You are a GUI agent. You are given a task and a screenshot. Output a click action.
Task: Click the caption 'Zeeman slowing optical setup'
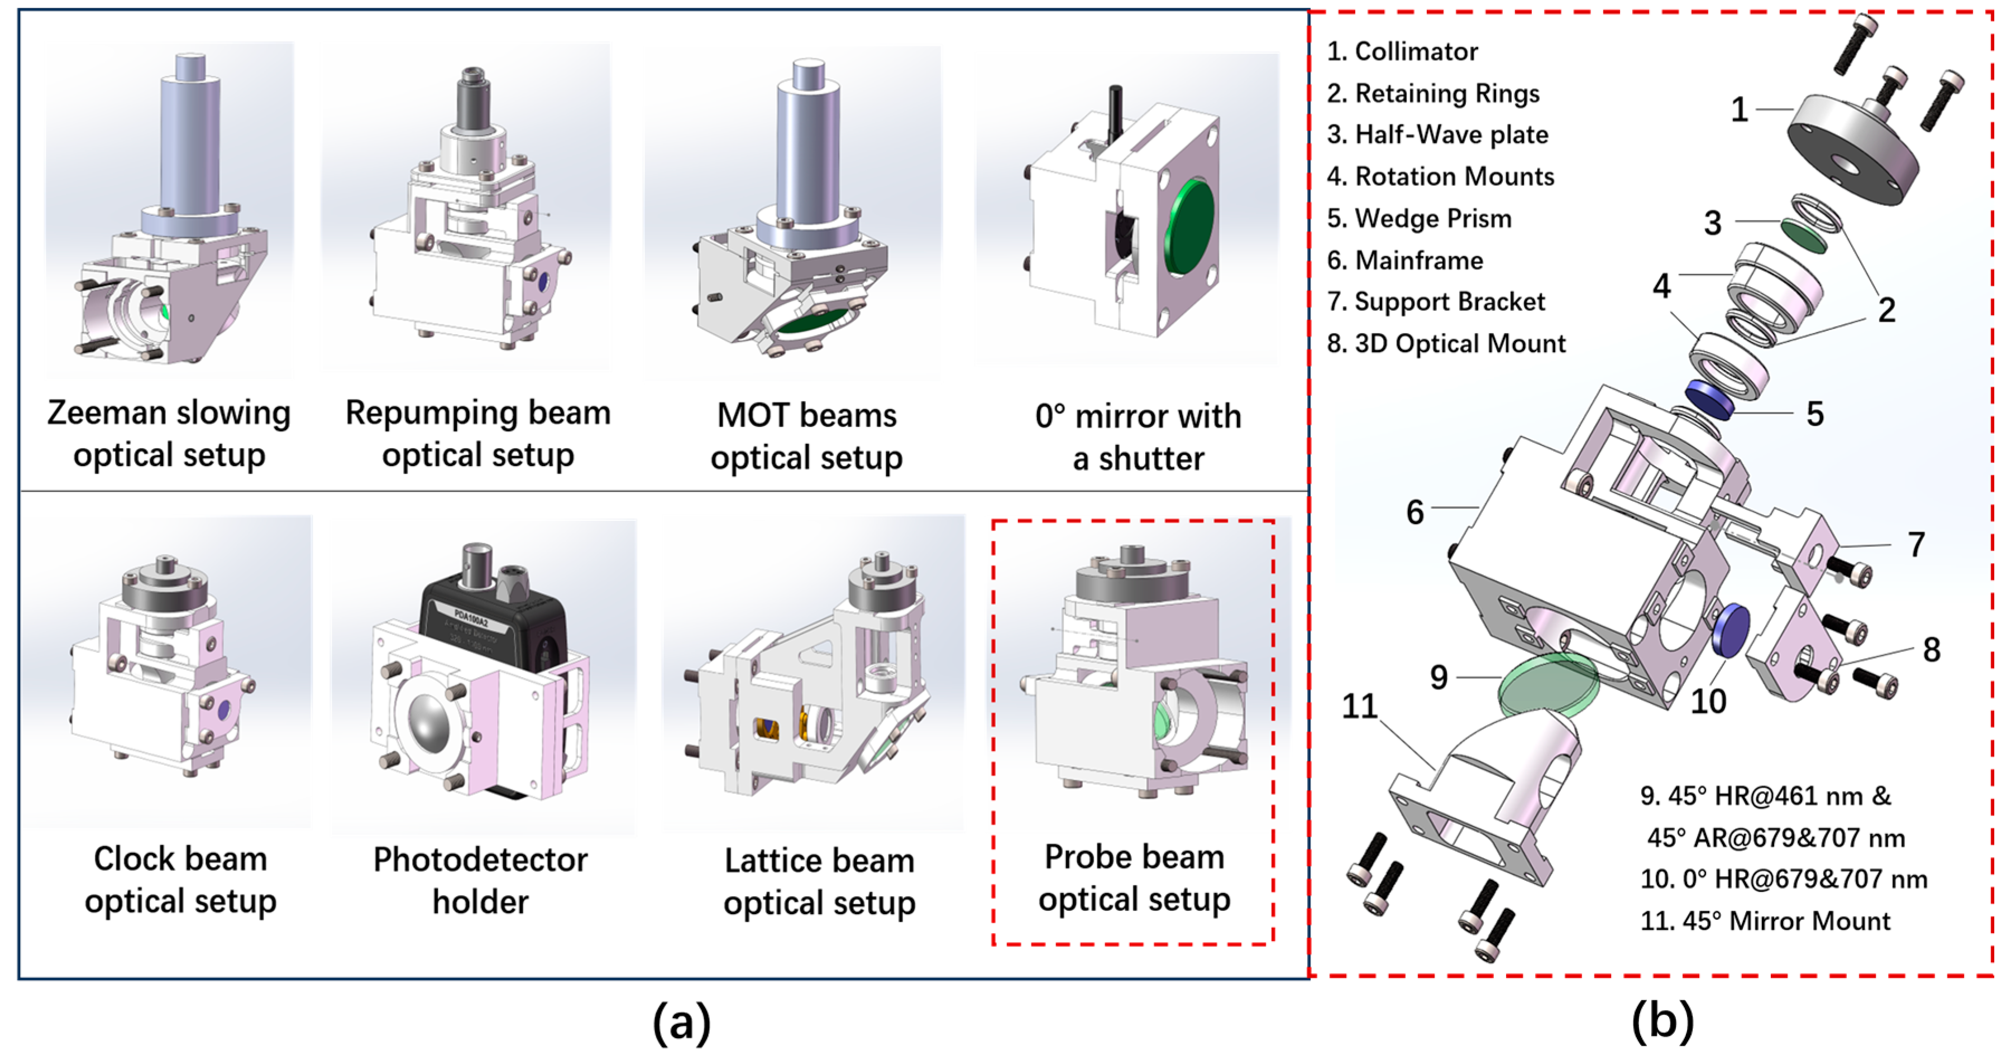pos(169,434)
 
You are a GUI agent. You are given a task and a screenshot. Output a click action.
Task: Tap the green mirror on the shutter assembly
pos(1188,226)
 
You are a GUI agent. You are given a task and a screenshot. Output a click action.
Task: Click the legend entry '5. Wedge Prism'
pos(1418,218)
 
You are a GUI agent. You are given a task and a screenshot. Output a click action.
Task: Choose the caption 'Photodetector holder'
pos(480,880)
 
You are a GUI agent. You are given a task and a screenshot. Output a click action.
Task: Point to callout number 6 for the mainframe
pos(1415,512)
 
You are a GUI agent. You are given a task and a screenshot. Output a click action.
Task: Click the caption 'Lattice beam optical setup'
pos(819,882)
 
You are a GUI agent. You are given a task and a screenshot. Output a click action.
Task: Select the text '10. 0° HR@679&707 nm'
pos(1784,879)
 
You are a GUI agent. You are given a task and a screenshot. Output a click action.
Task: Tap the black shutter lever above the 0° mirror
pos(1116,113)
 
